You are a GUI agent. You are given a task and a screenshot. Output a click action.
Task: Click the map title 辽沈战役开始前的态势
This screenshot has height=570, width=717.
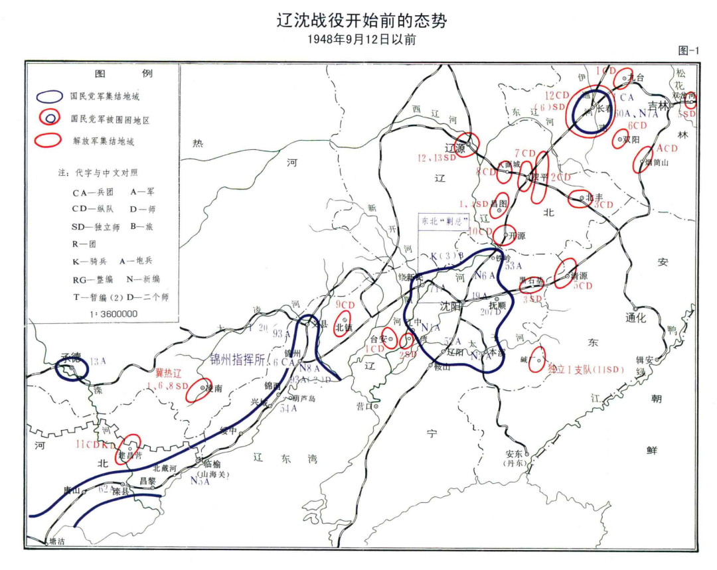pyautogui.click(x=362, y=21)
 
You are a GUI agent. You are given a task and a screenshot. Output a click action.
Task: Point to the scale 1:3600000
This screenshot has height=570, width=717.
pyautogui.click(x=111, y=313)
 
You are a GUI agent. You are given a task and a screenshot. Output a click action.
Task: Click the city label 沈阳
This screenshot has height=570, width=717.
pyautogui.click(x=451, y=307)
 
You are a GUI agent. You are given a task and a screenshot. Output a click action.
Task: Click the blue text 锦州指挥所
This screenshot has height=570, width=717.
pyautogui.click(x=242, y=357)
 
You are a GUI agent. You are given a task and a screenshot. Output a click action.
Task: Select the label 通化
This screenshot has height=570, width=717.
pyautogui.click(x=635, y=317)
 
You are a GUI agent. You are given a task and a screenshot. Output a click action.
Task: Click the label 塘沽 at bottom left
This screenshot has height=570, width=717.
pyautogui.click(x=58, y=542)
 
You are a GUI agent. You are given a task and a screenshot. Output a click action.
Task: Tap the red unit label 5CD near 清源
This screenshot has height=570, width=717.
pyautogui.click(x=583, y=286)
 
